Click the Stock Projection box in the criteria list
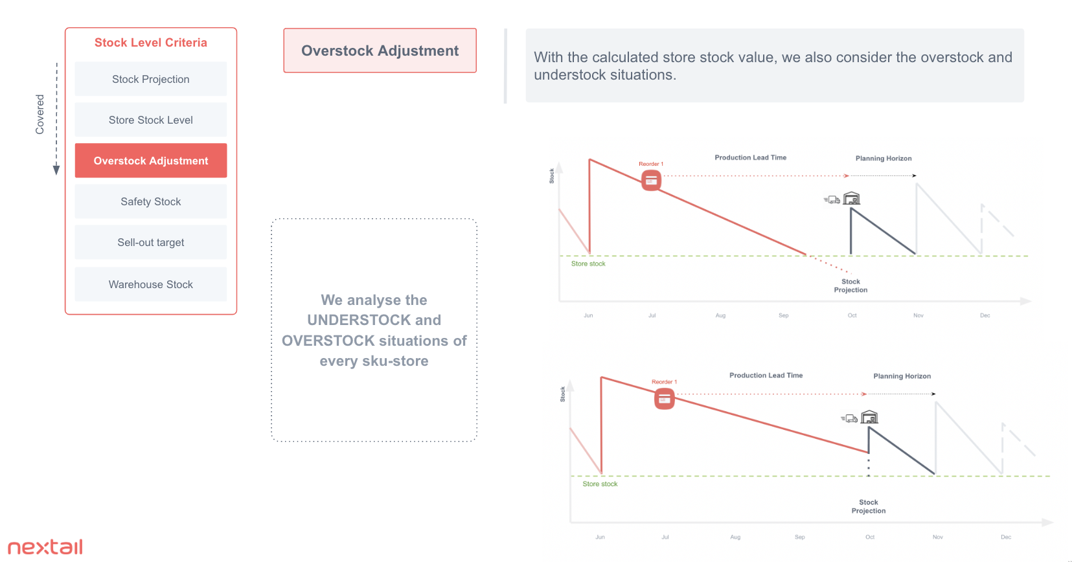point(150,79)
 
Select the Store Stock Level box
point(150,120)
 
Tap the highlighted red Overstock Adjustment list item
point(150,161)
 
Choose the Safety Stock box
point(150,202)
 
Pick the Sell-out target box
point(150,242)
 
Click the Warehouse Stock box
point(150,285)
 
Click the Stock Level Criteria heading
point(150,43)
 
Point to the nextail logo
point(45,546)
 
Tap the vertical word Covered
point(40,114)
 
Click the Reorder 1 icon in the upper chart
point(651,181)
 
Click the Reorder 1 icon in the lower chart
point(664,399)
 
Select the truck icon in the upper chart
point(832,200)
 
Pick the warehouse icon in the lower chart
point(869,417)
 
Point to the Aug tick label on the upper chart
point(720,315)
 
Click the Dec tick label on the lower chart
point(1006,537)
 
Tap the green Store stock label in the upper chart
point(588,264)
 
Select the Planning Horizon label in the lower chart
point(902,376)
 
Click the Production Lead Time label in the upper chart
point(750,157)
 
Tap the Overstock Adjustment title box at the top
point(380,51)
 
